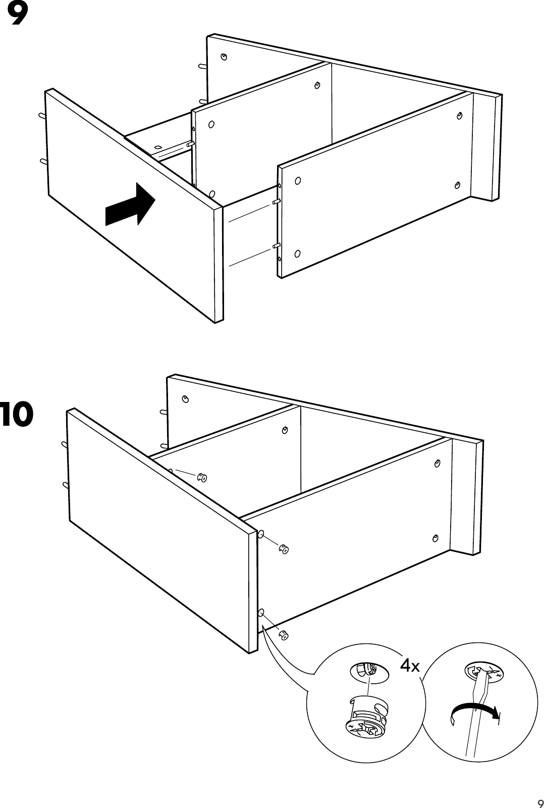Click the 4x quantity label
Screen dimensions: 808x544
[x=410, y=666]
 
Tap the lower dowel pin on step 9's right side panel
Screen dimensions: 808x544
[x=276, y=245]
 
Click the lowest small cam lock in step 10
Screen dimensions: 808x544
[x=284, y=635]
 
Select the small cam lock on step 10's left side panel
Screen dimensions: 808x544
[x=202, y=477]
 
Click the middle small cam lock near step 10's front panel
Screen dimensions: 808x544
[x=285, y=548]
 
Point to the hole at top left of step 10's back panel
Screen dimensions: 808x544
[x=186, y=399]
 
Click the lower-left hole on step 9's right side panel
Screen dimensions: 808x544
[x=297, y=253]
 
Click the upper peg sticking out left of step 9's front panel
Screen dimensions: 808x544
[x=42, y=116]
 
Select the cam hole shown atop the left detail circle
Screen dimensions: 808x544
[x=369, y=671]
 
